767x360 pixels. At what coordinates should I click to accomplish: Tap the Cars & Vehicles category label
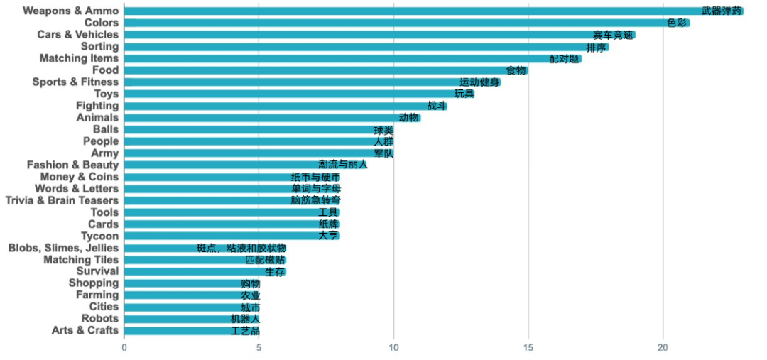point(78,35)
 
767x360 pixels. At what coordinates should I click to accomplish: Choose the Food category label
point(105,70)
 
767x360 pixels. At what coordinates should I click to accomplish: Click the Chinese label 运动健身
point(479,82)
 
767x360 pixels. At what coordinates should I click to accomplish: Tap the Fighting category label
point(97,106)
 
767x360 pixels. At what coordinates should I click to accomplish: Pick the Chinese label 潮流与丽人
point(343,165)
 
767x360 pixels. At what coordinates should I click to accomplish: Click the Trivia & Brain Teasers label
point(62,200)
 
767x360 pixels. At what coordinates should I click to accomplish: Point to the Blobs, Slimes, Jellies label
point(63,248)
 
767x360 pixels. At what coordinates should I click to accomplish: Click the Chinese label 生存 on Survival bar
point(275,272)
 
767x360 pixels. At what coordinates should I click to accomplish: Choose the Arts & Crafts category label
point(85,331)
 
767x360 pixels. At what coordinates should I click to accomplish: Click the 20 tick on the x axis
point(663,348)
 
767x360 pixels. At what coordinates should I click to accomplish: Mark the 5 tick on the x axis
point(259,348)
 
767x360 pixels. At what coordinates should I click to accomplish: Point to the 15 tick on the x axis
point(528,348)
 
